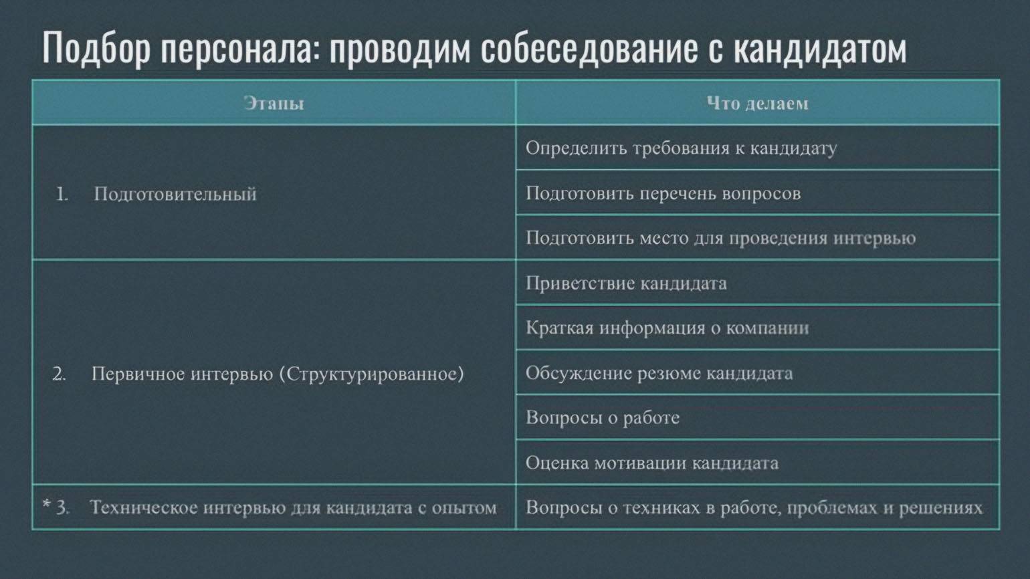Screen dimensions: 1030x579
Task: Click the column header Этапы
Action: point(274,103)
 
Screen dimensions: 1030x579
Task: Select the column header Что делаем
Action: point(757,103)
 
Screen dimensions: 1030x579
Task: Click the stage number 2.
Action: point(59,374)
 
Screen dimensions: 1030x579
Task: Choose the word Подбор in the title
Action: point(96,48)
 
